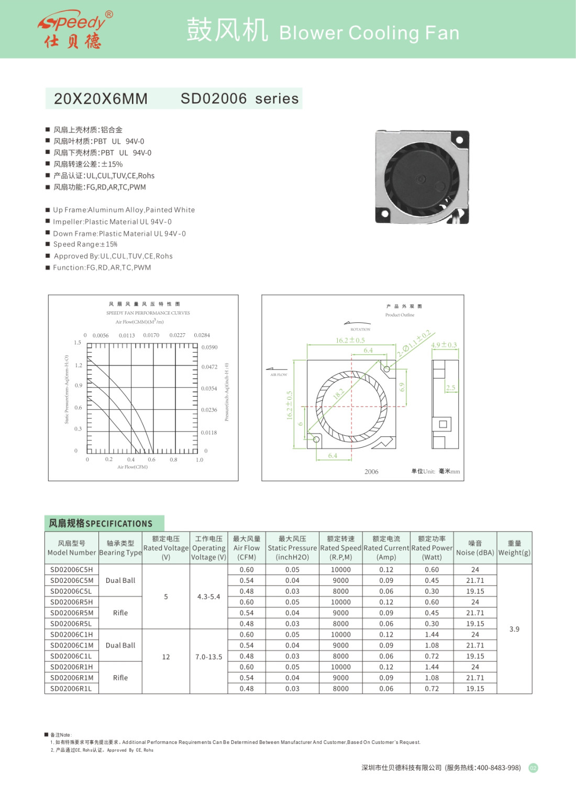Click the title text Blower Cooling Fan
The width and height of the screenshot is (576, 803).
369,33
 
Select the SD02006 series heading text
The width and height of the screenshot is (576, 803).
239,98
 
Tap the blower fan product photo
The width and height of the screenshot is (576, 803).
422,176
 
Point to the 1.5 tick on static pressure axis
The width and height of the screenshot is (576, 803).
77,343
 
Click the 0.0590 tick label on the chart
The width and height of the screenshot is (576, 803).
209,347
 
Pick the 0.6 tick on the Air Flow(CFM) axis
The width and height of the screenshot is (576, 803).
151,460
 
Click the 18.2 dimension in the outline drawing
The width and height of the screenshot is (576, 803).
339,393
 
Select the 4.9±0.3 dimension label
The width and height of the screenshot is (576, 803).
444,345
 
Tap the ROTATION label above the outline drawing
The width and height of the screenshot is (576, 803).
360,330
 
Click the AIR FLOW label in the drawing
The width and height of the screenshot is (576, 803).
279,375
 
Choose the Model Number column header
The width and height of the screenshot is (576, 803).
72,548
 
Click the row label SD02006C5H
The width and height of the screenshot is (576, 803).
72,570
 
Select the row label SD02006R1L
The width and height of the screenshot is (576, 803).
71,688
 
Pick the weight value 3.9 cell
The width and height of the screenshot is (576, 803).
514,629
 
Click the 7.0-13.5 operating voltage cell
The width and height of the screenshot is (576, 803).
208,657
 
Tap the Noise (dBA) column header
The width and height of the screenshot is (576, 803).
475,548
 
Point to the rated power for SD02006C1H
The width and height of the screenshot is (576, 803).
432,635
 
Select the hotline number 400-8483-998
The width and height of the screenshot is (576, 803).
499,767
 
